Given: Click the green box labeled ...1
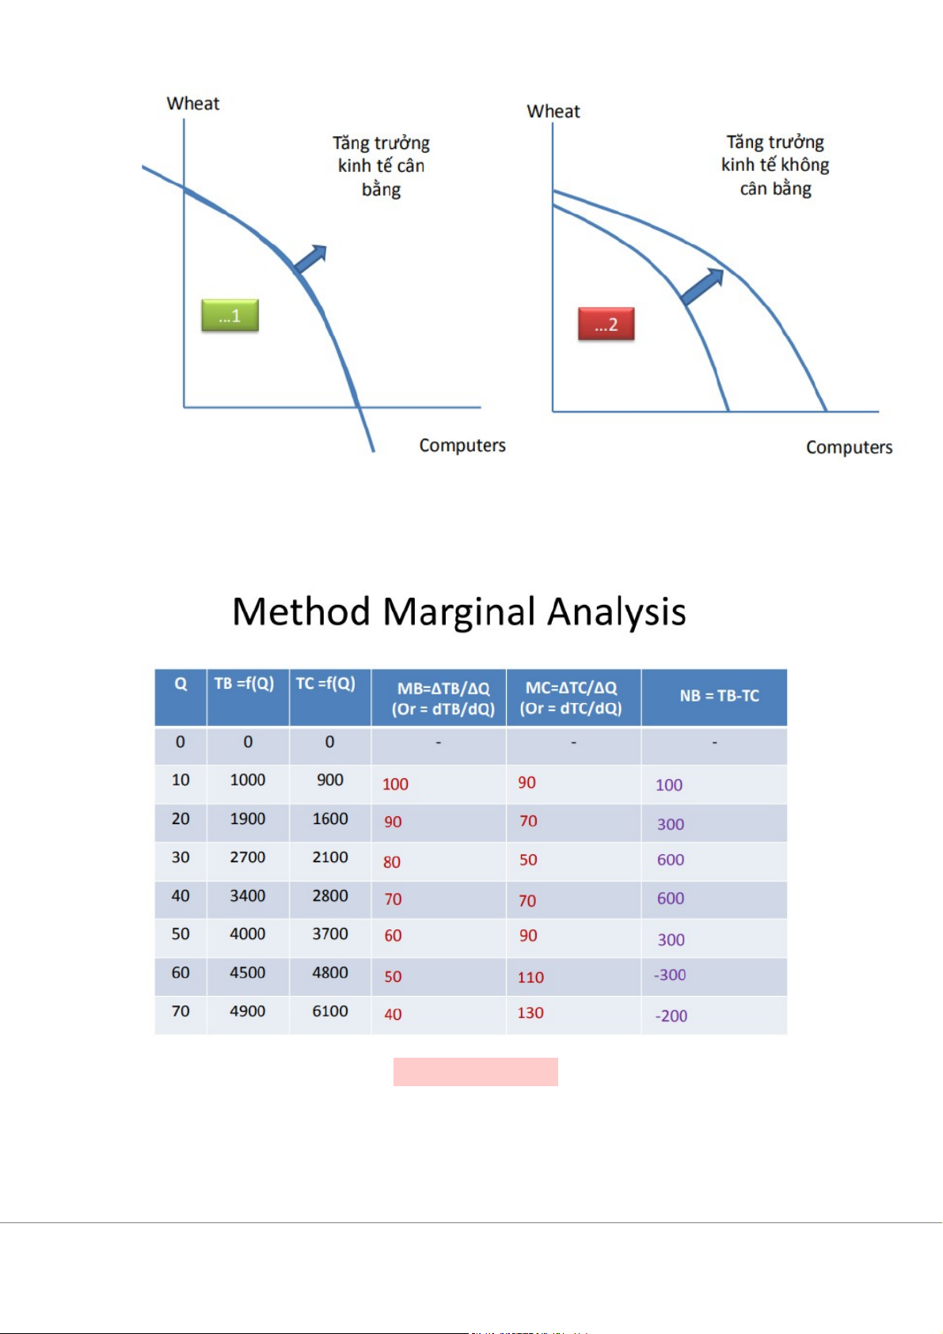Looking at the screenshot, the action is pos(230,315).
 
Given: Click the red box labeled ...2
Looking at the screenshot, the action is pos(606,324).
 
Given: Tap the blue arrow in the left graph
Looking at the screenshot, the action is pos(310,259).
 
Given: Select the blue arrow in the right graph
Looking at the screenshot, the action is pos(702,287).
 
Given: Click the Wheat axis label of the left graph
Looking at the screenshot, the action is pos(193,104).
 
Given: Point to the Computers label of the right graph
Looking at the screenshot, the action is pos(849,447).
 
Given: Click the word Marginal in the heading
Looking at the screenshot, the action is pos(458,612).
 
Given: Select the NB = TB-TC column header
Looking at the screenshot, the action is pos(719,696).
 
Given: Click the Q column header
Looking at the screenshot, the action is pos(181,684).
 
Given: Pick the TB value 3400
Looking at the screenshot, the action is pos(248,895).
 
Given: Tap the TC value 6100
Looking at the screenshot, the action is pos(330,1011).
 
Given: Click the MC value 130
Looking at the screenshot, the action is pos(530,1013).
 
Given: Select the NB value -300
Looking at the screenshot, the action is pos(670,975).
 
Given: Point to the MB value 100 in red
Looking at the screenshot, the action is pos(395,784).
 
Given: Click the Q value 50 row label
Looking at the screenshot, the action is pos(181,934).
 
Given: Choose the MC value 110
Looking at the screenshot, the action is pos(530,977).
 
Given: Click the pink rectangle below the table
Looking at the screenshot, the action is pos(475,1072).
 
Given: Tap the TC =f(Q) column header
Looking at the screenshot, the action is pos(326,684).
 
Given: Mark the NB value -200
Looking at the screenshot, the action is pos(671,1016).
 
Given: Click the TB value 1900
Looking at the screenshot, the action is pos(248,819).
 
